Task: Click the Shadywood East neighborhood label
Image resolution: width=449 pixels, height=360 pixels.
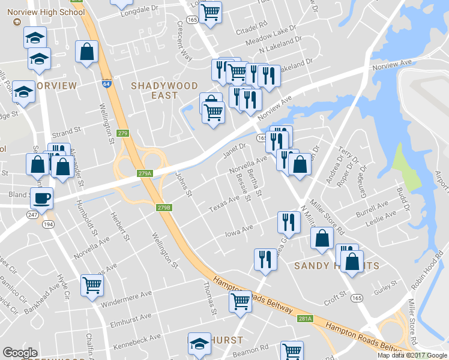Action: [x=155, y=90]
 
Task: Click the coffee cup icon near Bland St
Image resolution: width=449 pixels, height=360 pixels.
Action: [x=41, y=197]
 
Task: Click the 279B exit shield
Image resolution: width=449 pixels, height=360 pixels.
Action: [x=164, y=208]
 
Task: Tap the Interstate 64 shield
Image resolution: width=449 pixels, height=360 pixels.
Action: [x=106, y=85]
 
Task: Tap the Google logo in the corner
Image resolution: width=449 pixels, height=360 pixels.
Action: [x=20, y=353]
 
